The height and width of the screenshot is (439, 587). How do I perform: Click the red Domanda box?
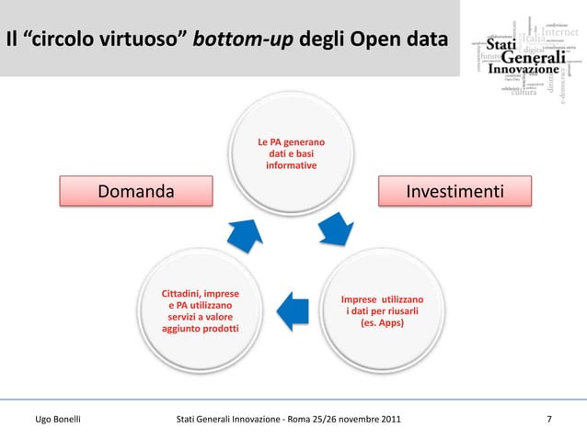click(136, 192)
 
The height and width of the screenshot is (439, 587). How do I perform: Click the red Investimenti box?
click(455, 192)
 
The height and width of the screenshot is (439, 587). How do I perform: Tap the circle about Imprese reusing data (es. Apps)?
click(382, 312)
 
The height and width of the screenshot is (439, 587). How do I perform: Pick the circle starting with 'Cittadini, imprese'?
click(200, 311)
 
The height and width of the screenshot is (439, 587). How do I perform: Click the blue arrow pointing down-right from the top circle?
click(336, 231)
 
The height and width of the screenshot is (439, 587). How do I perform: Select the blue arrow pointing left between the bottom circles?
click(292, 311)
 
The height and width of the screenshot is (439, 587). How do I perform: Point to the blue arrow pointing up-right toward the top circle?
click(244, 233)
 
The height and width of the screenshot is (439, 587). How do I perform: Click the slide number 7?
click(549, 421)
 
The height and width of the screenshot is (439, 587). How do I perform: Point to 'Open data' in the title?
click(409, 40)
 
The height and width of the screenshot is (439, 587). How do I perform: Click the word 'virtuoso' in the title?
click(131, 40)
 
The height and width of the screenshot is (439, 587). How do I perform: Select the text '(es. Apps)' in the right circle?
click(382, 324)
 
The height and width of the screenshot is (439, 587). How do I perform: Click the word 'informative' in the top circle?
click(291, 166)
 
